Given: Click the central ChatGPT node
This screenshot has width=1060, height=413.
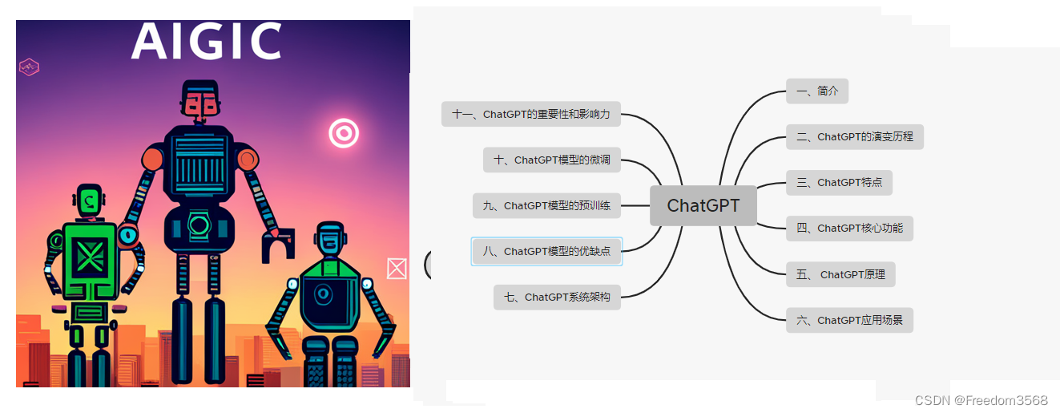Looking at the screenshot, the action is coord(703,205).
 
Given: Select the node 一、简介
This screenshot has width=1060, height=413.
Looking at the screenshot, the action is coord(816,91).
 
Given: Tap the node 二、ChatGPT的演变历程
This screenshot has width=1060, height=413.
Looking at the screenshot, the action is coord(855,137).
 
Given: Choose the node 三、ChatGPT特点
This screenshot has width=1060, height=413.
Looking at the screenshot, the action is coord(839,183).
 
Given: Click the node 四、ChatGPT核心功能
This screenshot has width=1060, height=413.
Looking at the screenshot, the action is coord(849,229).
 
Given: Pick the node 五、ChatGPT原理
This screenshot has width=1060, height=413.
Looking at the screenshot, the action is coord(840,274).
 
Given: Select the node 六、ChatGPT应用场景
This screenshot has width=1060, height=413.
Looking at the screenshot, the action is coord(849,320).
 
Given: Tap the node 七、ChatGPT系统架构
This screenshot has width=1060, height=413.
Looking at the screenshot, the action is coord(557,298).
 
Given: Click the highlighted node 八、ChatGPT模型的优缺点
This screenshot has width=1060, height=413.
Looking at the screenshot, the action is coord(546,252).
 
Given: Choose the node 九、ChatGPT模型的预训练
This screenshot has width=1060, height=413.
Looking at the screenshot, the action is coord(546,206).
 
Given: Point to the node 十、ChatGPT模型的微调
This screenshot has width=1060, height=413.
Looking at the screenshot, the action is coord(552,160).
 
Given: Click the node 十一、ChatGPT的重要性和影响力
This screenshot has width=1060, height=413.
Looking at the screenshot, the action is coord(530,115).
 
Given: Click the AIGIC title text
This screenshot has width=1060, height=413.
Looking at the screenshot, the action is coord(207,42).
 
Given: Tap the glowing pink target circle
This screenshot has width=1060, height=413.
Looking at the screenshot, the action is coord(344,133).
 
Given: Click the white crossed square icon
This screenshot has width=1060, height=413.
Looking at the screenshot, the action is coord(397,269).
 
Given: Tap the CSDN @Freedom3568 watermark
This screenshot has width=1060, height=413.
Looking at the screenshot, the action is coord(981,400).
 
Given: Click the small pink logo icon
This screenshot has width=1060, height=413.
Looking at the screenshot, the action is coord(30,67).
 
